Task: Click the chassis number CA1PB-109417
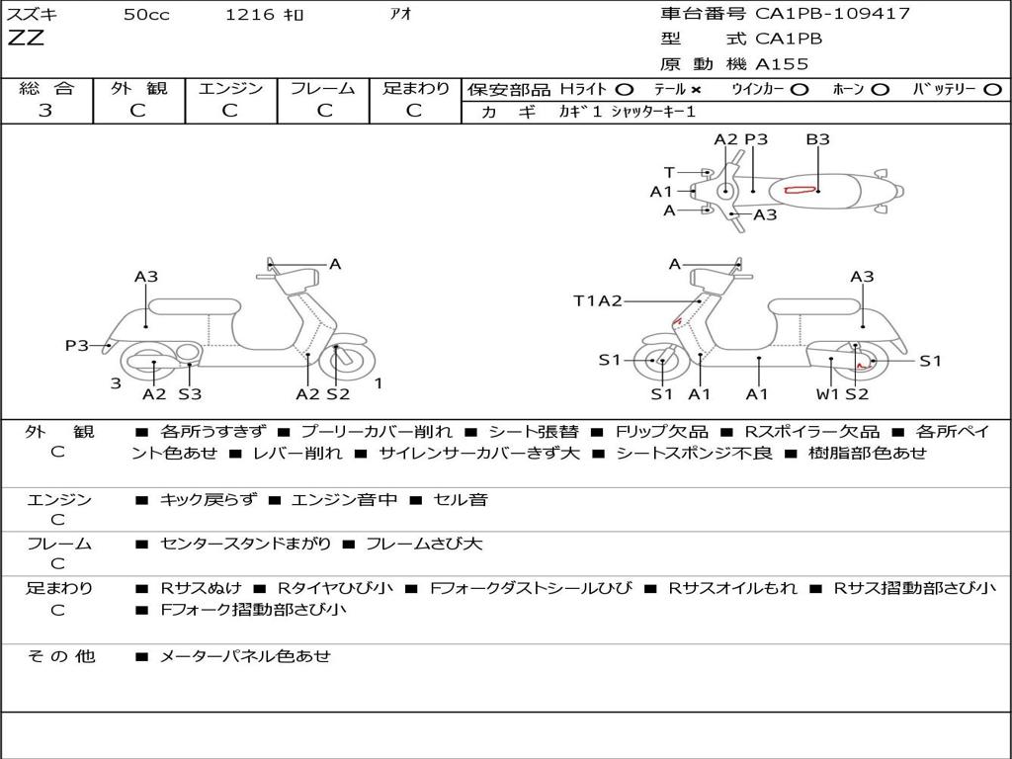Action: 832,14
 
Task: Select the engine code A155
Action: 782,64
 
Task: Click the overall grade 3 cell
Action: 45,111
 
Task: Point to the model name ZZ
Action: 26,40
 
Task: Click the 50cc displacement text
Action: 146,15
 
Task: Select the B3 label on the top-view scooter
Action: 817,139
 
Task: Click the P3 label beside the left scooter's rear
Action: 77,345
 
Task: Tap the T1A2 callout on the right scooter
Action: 598,301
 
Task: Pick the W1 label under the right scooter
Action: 827,394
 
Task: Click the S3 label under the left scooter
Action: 190,394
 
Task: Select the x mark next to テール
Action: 697,89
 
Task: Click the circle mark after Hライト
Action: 624,89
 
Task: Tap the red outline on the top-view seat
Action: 798,190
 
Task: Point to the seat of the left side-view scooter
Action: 194,305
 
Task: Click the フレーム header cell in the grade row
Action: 322,89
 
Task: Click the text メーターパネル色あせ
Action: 245,656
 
